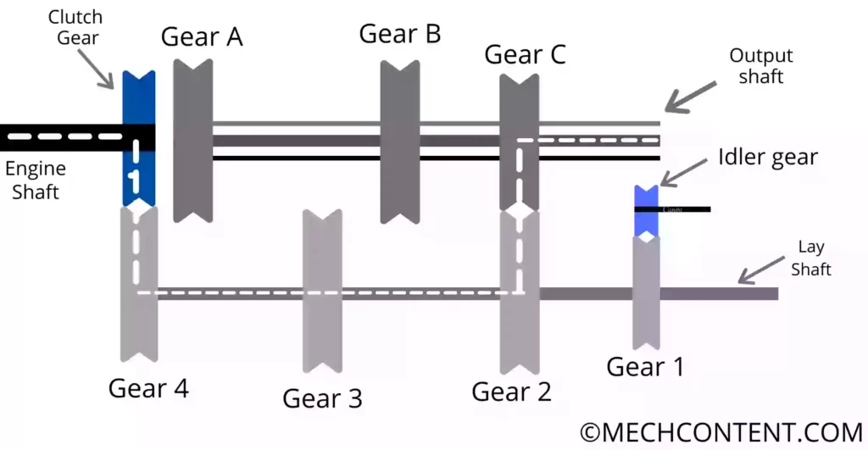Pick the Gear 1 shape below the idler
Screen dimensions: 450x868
click(x=647, y=292)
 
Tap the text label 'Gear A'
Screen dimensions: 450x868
click(x=202, y=37)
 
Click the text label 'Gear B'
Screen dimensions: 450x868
click(x=400, y=34)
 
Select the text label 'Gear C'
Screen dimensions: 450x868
click(x=525, y=54)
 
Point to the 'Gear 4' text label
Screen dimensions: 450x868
click(x=148, y=388)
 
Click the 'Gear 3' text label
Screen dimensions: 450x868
click(x=322, y=398)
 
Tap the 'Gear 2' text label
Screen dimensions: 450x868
click(x=511, y=392)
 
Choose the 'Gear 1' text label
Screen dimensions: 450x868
click(x=645, y=367)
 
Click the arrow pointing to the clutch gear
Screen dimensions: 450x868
click(x=101, y=69)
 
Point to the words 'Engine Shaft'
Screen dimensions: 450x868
click(x=35, y=181)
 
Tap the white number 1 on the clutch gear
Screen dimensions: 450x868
click(x=133, y=179)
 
